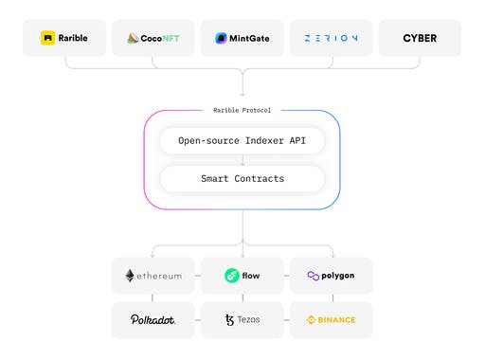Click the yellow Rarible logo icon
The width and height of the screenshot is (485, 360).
point(48,38)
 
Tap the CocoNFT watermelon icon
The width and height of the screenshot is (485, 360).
point(134,38)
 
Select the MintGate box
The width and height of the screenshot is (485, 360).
point(242,38)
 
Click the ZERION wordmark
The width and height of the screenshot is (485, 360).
point(331,38)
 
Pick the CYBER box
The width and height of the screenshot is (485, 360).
point(420,38)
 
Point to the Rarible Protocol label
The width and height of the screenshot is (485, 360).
point(242,110)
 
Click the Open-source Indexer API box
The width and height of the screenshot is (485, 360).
point(242,141)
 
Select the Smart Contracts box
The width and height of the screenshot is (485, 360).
point(242,178)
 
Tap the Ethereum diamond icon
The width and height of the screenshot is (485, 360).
point(129,276)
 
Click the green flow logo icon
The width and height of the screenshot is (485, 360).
point(230,276)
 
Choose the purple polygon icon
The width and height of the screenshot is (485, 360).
point(314,276)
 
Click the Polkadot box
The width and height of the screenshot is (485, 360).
point(153,319)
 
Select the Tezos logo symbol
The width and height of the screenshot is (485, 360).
point(229,319)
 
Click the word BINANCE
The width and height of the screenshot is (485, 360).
point(336,319)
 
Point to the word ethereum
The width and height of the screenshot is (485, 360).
point(159,276)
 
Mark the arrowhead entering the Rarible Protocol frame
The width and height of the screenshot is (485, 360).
point(242,95)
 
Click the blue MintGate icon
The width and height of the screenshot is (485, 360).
point(221,38)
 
